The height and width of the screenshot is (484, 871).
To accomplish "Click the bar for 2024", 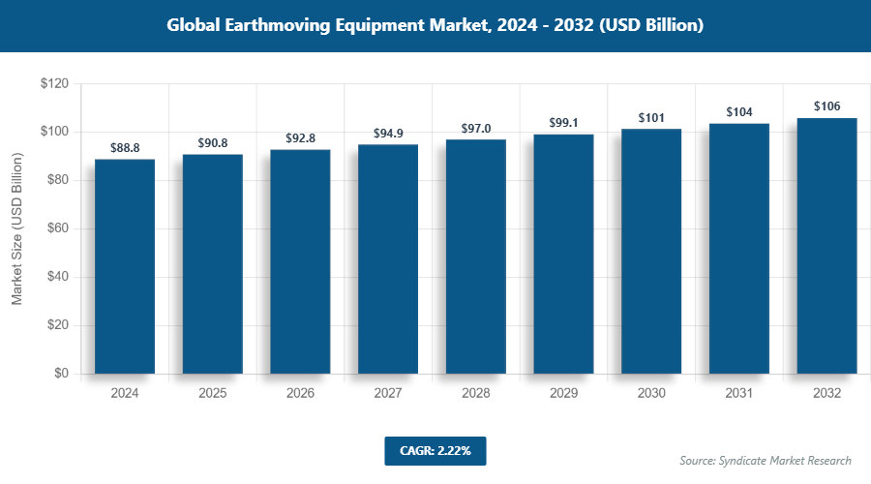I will [125, 266].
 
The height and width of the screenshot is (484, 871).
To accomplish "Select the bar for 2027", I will [388, 259].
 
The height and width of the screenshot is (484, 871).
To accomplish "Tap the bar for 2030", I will [651, 252].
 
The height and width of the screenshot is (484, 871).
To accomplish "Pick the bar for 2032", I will [826, 246].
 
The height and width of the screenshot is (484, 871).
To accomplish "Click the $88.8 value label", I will [125, 148].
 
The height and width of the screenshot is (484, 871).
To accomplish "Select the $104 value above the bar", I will [739, 112].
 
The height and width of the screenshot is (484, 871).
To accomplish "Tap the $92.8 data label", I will [301, 138].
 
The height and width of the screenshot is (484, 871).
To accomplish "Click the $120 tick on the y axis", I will [53, 84].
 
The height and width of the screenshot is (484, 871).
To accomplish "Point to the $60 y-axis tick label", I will [57, 228].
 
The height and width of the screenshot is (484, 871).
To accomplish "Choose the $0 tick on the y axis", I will [61, 374].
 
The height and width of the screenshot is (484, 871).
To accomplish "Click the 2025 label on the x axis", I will [213, 394].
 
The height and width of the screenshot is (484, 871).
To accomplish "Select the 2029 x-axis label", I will [564, 394].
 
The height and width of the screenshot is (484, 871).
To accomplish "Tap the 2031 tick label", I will [739, 394].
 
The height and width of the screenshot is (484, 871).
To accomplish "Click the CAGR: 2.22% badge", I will [435, 450].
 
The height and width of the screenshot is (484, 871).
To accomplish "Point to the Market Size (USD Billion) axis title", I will [17, 229].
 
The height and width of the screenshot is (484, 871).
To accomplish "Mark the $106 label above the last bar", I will [826, 106].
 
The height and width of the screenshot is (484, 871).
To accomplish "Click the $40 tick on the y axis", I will [57, 277].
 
